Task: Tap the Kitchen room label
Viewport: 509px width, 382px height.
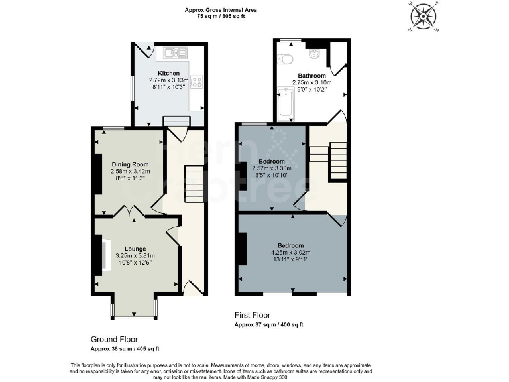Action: pos(168,73)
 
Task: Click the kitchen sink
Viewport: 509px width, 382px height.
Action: pos(175,52)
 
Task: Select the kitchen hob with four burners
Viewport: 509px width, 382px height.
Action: pos(196,82)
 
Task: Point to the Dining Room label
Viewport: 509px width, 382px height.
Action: pos(130,164)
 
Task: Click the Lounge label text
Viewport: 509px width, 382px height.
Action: pos(135,248)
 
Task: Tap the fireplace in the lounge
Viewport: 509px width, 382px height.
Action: pos(105,255)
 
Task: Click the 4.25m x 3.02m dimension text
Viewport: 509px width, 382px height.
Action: pos(291,253)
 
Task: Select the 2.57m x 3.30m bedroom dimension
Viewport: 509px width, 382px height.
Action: pos(272,168)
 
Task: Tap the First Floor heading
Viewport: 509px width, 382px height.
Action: pos(253,315)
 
